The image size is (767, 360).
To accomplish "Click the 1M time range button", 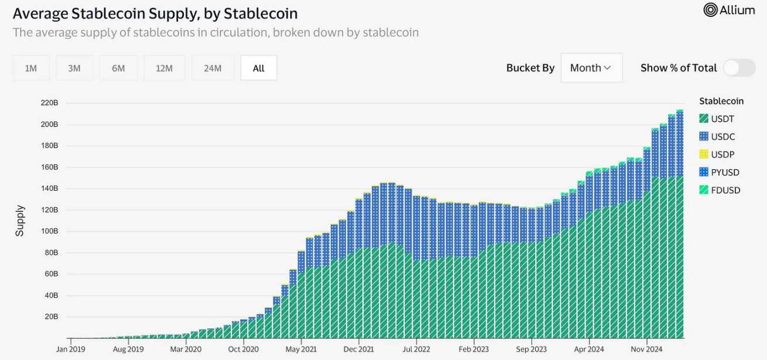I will point(31,68).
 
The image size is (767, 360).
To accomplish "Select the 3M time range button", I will point(74,68).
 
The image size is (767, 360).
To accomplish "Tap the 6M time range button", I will point(118,68).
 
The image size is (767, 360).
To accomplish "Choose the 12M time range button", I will point(165,68).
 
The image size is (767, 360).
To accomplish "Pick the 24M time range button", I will point(213,68).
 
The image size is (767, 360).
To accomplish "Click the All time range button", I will point(259,68).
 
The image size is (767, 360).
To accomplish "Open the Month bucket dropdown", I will point(591,68).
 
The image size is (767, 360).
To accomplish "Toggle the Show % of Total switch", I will point(739,68).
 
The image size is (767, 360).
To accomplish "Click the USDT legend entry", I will point(717,119).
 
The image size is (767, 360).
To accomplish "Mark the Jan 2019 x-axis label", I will point(71,349).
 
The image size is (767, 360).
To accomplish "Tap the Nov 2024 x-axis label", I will point(647,349).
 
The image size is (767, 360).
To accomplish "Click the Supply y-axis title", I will point(20,220).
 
